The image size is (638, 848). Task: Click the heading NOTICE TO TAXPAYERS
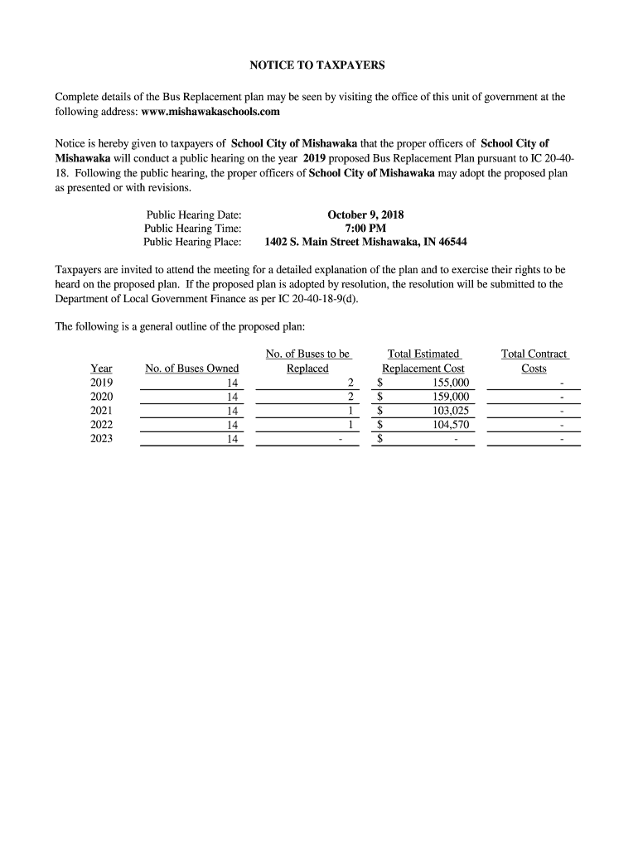(318, 65)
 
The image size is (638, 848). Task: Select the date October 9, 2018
(365, 214)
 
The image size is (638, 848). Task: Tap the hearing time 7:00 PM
(365, 229)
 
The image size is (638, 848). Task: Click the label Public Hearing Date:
(194, 214)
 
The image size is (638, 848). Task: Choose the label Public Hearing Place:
(192, 243)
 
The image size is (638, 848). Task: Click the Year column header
(101, 369)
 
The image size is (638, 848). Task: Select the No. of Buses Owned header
(191, 369)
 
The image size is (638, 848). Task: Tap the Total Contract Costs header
(534, 361)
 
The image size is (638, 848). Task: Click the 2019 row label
(101, 383)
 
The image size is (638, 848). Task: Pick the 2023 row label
(101, 439)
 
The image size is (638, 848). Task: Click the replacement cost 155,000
(451, 383)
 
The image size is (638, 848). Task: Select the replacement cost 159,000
(451, 397)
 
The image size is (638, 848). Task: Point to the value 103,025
(451, 411)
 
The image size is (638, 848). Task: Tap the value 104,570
(451, 425)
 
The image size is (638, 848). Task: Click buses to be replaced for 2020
(350, 397)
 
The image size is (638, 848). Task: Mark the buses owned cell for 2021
(232, 411)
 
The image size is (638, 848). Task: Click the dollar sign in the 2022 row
(379, 425)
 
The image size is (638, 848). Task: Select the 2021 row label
(101, 411)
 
